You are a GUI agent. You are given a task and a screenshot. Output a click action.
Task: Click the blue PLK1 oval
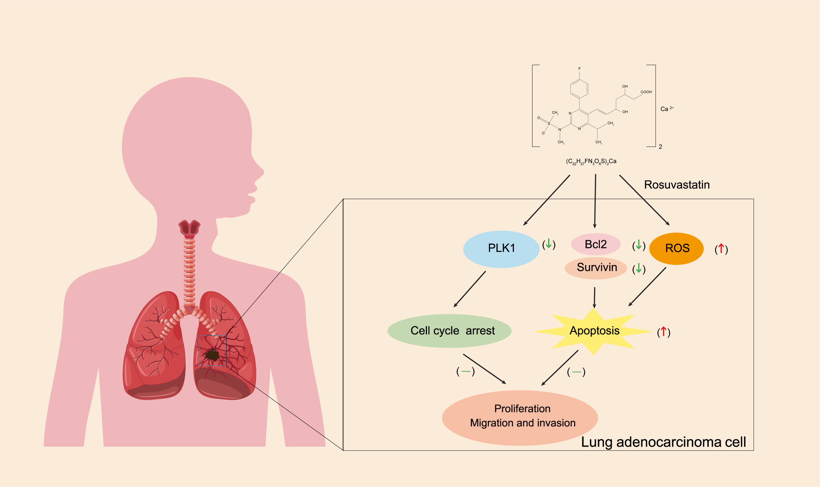501,249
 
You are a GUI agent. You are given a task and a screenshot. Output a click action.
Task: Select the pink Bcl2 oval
596,244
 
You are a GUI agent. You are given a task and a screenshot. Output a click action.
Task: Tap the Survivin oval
596,268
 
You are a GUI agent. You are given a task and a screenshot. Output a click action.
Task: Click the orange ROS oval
677,248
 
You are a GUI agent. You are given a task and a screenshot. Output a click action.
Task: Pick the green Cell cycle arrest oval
449,331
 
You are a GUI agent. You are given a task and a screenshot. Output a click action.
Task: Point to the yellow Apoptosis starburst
594,331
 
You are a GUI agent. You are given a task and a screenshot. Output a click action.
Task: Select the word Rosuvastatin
677,185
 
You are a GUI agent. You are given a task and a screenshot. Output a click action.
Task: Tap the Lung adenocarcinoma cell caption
663,442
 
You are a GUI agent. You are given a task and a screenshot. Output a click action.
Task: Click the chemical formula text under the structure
591,161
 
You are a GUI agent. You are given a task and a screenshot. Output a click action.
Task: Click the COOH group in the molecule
646,92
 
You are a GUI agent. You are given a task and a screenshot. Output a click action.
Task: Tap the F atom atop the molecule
579,69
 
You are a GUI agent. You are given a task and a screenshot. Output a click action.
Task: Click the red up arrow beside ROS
721,248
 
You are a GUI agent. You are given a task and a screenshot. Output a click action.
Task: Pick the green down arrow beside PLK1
548,244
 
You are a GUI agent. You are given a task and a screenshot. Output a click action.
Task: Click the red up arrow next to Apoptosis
664,331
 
